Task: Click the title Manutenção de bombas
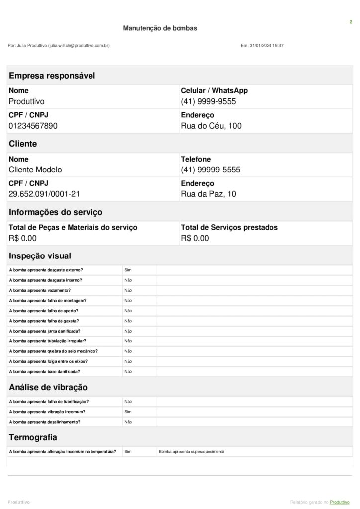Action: (x=160, y=28)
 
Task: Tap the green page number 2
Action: (x=351, y=22)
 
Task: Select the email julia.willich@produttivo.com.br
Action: (x=79, y=46)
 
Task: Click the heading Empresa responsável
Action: (x=52, y=76)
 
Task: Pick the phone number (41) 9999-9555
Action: (x=208, y=101)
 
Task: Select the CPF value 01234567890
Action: (x=33, y=126)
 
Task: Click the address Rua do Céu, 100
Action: (x=211, y=126)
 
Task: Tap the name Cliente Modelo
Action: (x=35, y=170)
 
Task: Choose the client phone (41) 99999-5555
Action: (x=210, y=170)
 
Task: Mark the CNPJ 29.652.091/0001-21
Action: (x=44, y=194)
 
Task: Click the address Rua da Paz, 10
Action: (x=208, y=194)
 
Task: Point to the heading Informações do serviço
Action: (x=56, y=212)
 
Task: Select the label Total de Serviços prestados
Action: (x=229, y=227)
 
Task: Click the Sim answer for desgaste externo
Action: (x=128, y=270)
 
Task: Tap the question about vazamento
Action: (x=40, y=290)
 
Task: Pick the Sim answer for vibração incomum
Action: (x=128, y=412)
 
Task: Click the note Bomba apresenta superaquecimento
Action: (x=191, y=452)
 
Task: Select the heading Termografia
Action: (x=33, y=437)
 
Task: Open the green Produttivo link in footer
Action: (x=341, y=502)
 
